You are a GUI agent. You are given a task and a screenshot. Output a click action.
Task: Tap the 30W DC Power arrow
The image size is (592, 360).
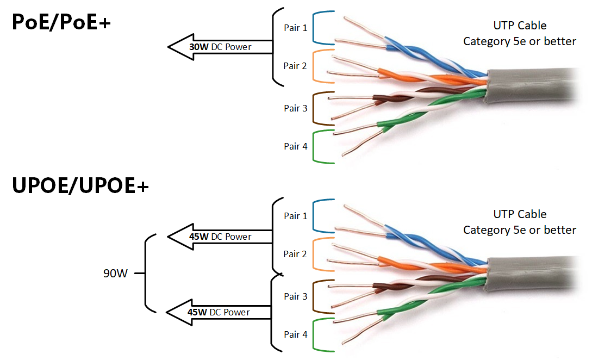pyautogui.click(x=217, y=47)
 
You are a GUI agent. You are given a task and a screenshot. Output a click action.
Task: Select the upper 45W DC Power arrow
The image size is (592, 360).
pyautogui.click(x=217, y=237)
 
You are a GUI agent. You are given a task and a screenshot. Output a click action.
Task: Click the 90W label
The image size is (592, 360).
pyautogui.click(x=115, y=274)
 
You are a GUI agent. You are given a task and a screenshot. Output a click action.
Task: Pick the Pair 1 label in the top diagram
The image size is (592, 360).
pyautogui.click(x=295, y=28)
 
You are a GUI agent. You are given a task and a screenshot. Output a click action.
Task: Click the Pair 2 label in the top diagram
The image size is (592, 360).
pyautogui.click(x=295, y=66)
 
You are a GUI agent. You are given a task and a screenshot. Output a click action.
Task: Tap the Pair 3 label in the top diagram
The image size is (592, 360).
pyautogui.click(x=295, y=108)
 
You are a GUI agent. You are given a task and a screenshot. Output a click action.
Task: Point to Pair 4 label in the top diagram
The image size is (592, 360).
pyautogui.click(x=295, y=146)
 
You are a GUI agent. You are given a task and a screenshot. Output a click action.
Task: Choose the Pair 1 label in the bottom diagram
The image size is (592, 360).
pyautogui.click(x=295, y=216)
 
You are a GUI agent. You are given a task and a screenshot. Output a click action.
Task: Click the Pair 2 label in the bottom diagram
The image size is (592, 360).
pyautogui.click(x=295, y=254)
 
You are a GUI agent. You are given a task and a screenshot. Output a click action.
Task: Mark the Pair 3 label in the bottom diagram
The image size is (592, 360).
pyautogui.click(x=295, y=296)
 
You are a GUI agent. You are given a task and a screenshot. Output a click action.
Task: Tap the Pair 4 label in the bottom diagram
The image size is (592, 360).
pyautogui.click(x=295, y=334)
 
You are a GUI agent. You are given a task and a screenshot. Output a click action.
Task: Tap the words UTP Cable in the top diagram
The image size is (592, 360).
pyautogui.click(x=520, y=26)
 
